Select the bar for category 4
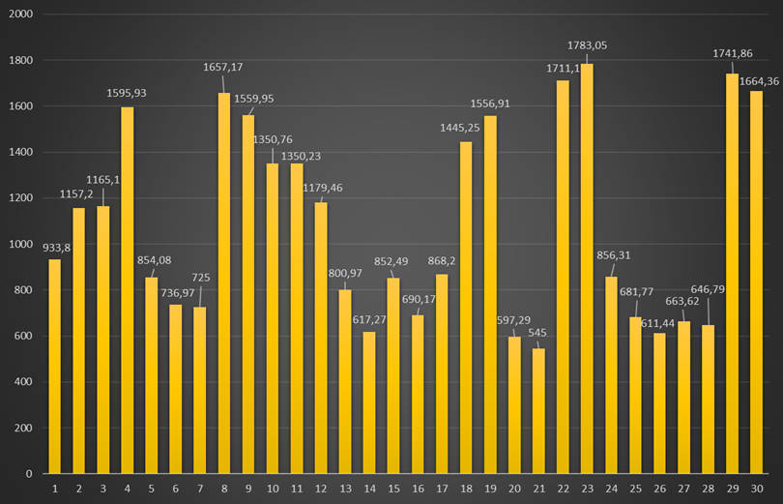[x=128, y=290]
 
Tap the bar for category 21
[x=538, y=411]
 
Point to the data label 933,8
[x=56, y=247]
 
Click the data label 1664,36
[x=758, y=81]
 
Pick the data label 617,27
[x=368, y=320]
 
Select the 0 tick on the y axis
[x=29, y=474]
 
